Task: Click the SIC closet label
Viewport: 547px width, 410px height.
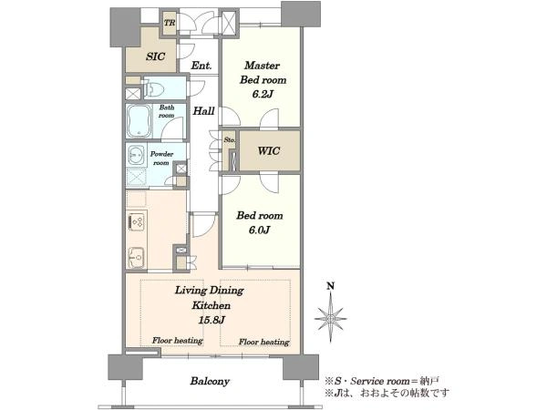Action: point(156,56)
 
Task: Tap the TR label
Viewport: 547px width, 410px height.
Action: point(170,24)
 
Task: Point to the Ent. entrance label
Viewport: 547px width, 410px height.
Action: point(201,66)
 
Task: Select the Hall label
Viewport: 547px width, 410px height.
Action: point(203,111)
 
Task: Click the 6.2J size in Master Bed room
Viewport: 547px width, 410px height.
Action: point(262,94)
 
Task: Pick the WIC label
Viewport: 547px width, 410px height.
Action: point(269,151)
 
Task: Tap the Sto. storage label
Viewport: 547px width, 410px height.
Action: point(230,139)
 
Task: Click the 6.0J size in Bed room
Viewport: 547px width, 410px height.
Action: point(260,231)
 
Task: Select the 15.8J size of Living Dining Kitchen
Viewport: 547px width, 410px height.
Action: point(212,320)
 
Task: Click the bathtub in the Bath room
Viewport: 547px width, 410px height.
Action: point(139,121)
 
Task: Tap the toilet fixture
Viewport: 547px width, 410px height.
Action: point(154,89)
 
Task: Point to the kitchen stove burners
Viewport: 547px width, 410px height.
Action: point(137,222)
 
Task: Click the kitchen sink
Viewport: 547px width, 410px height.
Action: point(136,258)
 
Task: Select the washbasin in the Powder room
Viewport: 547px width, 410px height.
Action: point(137,155)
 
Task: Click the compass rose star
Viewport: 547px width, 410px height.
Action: point(330,318)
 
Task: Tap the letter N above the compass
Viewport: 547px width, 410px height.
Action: point(330,287)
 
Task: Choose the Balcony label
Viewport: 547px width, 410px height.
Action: point(210,381)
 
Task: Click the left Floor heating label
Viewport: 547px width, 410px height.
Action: point(177,340)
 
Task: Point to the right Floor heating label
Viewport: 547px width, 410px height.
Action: point(263,342)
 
